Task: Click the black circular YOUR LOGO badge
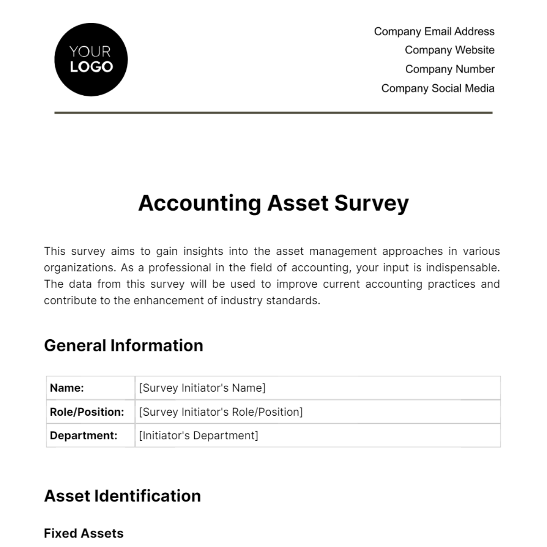[91, 60]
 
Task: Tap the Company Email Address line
[434, 31]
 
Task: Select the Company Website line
[449, 50]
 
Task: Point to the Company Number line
[449, 69]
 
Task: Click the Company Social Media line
[438, 88]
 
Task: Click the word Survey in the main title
[372, 203]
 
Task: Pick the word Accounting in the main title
[200, 203]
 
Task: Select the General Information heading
[124, 346]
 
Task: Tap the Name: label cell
[90, 388]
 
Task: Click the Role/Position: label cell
[90, 412]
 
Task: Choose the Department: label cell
[90, 435]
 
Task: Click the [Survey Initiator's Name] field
[202, 388]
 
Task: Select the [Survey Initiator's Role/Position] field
[221, 412]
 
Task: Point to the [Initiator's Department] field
[198, 435]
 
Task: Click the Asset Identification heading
[122, 496]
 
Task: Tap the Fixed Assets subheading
[83, 533]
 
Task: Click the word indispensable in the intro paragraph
[463, 268]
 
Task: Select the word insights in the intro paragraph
[203, 251]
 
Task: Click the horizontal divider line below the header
[273, 112]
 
